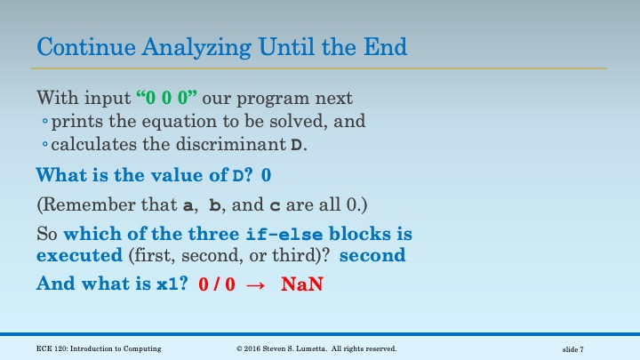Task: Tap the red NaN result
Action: [300, 286]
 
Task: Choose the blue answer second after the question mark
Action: [372, 256]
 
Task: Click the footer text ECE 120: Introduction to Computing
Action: [100, 348]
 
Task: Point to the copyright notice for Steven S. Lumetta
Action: [316, 348]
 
